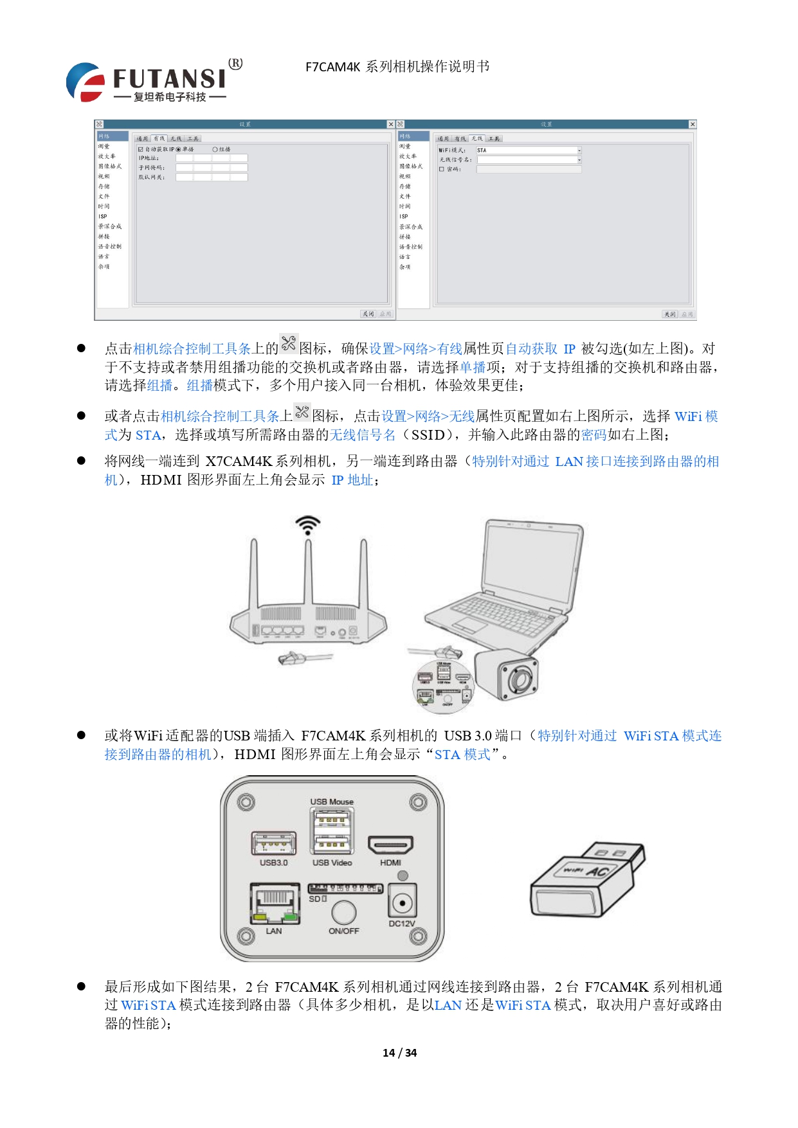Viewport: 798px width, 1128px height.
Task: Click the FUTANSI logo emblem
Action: (86, 82)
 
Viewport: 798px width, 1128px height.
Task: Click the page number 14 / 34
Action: (399, 1053)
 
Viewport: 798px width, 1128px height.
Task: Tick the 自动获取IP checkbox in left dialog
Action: (141, 149)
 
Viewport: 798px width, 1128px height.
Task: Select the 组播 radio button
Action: (215, 149)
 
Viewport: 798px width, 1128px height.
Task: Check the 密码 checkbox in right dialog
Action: (442, 169)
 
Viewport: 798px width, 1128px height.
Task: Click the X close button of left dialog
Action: (390, 124)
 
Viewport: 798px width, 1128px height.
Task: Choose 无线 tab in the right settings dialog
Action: (476, 139)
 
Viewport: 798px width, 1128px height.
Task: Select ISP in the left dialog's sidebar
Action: (103, 217)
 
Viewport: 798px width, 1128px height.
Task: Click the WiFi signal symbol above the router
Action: (308, 524)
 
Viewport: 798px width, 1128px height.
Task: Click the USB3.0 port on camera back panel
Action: (274, 843)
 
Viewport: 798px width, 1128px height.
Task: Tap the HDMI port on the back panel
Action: (390, 845)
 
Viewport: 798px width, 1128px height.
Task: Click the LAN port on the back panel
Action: (275, 902)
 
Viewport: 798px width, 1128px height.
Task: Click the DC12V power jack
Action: (403, 903)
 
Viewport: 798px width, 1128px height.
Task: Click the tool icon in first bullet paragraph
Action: (289, 344)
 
